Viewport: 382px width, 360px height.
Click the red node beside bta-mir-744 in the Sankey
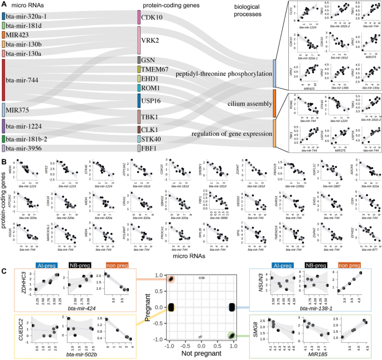coord(4,80)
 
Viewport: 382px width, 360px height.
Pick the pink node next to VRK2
coord(139,40)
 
